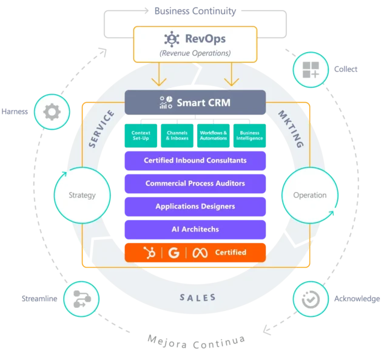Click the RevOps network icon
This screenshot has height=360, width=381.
[x=172, y=39]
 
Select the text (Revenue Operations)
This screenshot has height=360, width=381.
[x=195, y=53]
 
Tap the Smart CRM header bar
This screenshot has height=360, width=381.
[x=195, y=102]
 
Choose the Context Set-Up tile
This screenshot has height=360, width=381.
[x=141, y=135]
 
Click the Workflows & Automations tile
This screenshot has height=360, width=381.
[x=213, y=135]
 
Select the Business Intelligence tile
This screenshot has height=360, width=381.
[x=249, y=135]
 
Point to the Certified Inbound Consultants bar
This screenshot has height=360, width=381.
[x=195, y=161]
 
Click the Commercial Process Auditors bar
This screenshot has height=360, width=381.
[x=195, y=184]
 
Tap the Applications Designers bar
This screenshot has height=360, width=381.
[x=195, y=207]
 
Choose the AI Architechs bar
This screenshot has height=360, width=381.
[x=195, y=230]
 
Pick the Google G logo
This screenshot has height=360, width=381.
[x=174, y=252]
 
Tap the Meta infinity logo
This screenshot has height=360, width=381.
[x=201, y=252]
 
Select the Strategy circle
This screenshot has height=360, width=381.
[x=83, y=195]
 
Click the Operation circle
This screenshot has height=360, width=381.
[x=309, y=195]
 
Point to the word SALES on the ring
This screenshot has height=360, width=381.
[x=197, y=298]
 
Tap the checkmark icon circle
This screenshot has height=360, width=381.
[x=311, y=299]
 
